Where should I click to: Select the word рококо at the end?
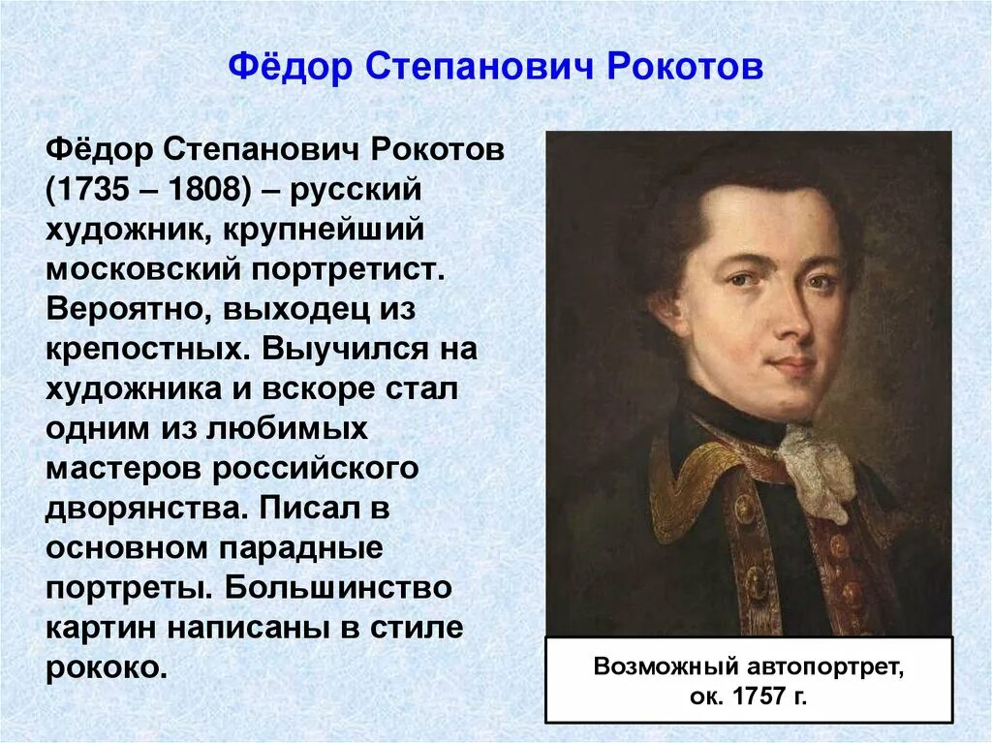99,667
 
